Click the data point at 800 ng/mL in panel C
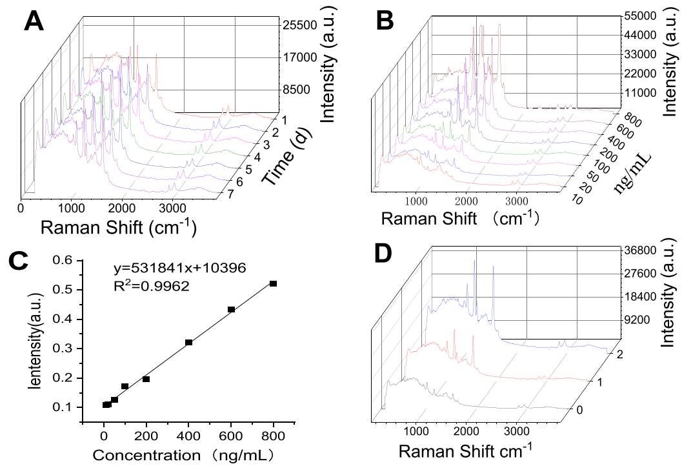[x=273, y=283]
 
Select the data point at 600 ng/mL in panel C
[x=231, y=310]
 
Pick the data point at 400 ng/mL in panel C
[x=189, y=342]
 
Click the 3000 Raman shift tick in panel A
[x=170, y=208]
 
